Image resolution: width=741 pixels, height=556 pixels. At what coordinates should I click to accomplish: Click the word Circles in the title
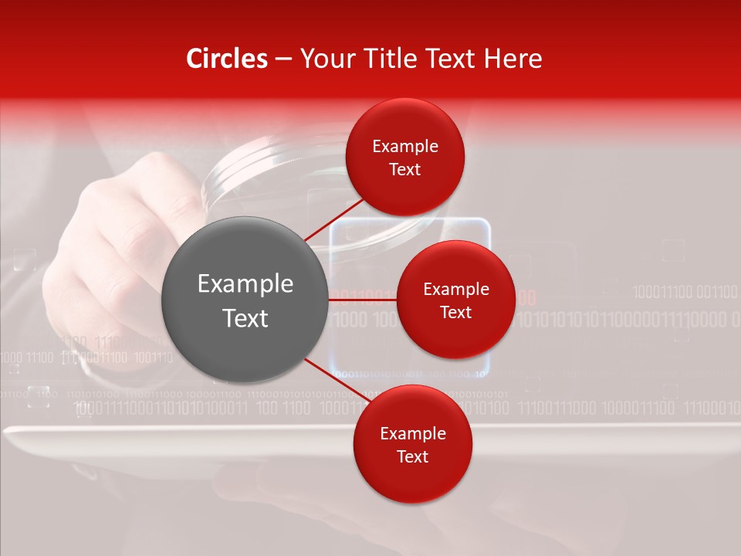pyautogui.click(x=226, y=59)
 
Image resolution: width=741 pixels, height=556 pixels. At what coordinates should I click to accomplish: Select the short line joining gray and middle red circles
pyautogui.click(x=363, y=299)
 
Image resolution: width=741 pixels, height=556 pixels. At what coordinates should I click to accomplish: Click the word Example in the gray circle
pyautogui.click(x=245, y=284)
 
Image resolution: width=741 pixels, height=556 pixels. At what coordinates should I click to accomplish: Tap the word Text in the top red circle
pyautogui.click(x=405, y=170)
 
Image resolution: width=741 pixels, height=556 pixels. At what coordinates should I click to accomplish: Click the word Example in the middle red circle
pyautogui.click(x=456, y=290)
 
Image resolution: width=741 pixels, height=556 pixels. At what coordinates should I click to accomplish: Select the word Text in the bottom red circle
pyautogui.click(x=412, y=456)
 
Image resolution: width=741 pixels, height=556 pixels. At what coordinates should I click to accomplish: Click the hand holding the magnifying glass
pyautogui.click(x=116, y=239)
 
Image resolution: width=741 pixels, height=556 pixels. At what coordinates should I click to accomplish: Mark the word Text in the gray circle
pyautogui.click(x=245, y=318)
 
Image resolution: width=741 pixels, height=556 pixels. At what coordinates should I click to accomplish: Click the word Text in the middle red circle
pyautogui.click(x=455, y=313)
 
